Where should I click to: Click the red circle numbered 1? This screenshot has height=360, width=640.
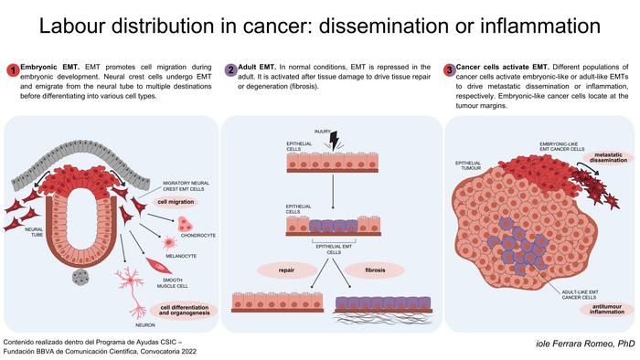coord(12,70)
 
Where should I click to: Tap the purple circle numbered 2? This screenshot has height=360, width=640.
coord(231,70)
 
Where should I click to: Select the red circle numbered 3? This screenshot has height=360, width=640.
coord(449,70)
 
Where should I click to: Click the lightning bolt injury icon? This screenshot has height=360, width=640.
coord(333,140)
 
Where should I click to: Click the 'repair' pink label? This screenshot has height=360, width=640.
coord(277,270)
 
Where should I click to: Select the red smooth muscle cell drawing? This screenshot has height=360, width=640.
coord(153,270)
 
